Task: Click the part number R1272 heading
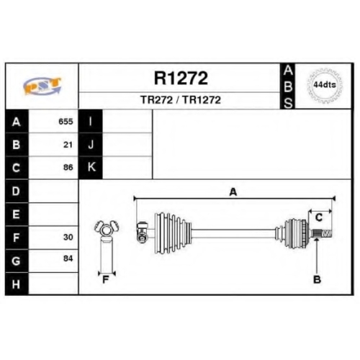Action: click(181, 78)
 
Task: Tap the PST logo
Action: click(42, 86)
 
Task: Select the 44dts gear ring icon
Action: click(325, 85)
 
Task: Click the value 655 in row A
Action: click(66, 122)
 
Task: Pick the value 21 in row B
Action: click(68, 145)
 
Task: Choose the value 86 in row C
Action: click(68, 167)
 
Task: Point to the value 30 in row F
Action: click(68, 237)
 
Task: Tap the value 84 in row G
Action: click(68, 258)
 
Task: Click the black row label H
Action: click(17, 284)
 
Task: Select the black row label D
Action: click(17, 191)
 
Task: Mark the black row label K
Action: click(91, 167)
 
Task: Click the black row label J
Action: click(91, 145)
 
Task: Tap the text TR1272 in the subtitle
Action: click(202, 100)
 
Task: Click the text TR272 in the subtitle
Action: click(156, 100)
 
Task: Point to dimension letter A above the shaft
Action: click(233, 192)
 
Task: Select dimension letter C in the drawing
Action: click(319, 217)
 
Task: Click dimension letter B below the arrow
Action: click(317, 279)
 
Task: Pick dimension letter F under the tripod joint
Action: click(106, 279)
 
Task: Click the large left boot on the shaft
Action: click(173, 233)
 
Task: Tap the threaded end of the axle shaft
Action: click(327, 234)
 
